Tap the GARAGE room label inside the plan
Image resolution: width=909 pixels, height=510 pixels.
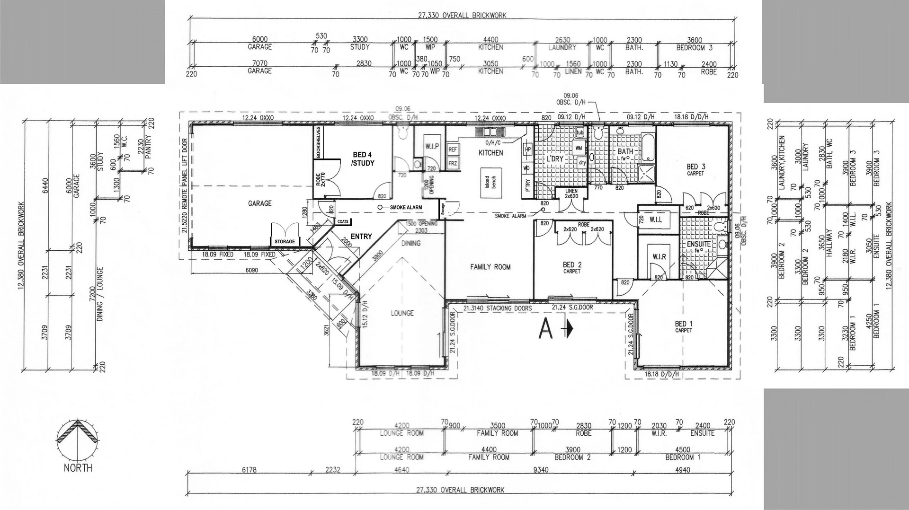pyautogui.click(x=260, y=203)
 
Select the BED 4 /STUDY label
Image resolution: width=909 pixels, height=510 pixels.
pyautogui.click(x=363, y=159)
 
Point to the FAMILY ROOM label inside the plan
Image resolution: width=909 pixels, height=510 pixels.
pyautogui.click(x=490, y=267)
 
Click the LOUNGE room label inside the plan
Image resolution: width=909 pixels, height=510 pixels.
pyautogui.click(x=402, y=313)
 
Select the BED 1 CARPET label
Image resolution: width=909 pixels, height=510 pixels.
pyautogui.click(x=684, y=326)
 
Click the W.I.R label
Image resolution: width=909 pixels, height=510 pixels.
pyautogui.click(x=659, y=257)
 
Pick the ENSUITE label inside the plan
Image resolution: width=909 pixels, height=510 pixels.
pyautogui.click(x=698, y=244)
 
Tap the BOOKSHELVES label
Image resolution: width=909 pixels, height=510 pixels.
pyautogui.click(x=319, y=142)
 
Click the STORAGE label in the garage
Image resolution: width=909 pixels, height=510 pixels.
pyautogui.click(x=285, y=242)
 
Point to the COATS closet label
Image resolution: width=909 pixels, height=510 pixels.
pyautogui.click(x=343, y=221)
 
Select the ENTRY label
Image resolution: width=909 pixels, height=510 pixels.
pyautogui.click(x=361, y=237)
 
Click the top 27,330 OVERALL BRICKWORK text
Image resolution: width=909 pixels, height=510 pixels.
pyautogui.click(x=462, y=15)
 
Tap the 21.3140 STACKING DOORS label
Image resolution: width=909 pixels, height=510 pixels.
pyautogui.click(x=497, y=308)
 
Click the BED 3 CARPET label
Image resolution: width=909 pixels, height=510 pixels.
pyautogui.click(x=695, y=169)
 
